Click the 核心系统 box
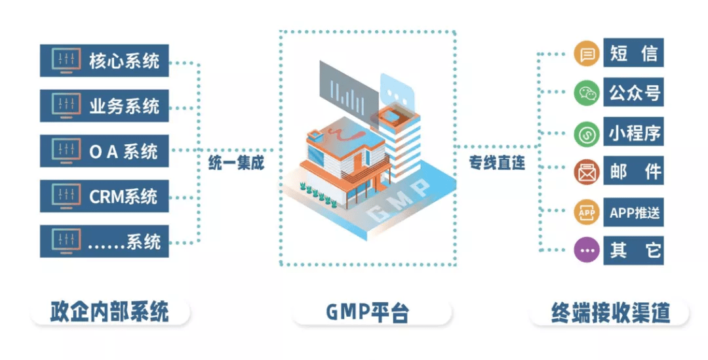104,60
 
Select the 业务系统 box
104,106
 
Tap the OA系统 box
104,151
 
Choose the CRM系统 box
104,196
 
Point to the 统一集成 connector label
236,163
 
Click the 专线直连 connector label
497,163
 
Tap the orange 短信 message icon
587,54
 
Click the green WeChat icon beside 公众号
587,93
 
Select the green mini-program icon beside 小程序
587,133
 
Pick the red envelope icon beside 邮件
587,172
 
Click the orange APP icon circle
587,212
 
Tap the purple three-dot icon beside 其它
587,250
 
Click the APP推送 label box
633,212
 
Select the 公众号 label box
633,92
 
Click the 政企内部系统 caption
109,312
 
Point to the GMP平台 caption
371,312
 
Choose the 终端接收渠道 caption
610,312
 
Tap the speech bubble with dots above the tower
397,92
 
